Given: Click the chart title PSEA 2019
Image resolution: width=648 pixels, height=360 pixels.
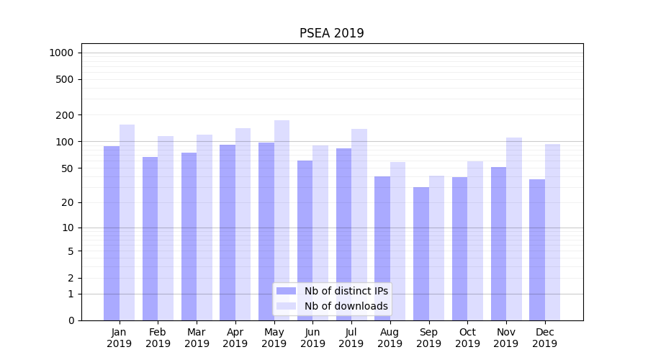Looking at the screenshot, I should pos(331,34).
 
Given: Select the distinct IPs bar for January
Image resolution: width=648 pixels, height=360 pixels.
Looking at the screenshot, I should pos(112,233).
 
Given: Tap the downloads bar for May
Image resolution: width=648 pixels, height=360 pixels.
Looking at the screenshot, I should pos(282,220).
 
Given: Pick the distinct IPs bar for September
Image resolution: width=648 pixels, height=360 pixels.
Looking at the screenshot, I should pos(421,253).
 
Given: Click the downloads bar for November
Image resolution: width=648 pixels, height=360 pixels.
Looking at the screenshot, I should pos(514,229).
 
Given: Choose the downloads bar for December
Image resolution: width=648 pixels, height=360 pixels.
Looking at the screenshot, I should pos(552,232).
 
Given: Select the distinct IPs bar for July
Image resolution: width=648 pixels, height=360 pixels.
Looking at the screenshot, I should pos(343,234).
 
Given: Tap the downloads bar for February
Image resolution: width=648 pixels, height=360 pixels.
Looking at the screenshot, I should pos(166,228).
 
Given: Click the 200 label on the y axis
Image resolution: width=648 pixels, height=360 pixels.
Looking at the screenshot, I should pos(65,115).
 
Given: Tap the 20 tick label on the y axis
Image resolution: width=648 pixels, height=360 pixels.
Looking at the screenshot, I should pos(67,202).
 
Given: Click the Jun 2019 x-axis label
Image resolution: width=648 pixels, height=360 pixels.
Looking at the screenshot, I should pos(312,338).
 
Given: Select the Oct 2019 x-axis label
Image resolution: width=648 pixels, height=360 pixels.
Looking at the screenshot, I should pos(467,338).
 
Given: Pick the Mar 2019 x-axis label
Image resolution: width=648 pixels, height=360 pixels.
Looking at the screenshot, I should pos(197,338).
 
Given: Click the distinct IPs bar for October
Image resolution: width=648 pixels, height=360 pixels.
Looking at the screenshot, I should pos(459,248).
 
